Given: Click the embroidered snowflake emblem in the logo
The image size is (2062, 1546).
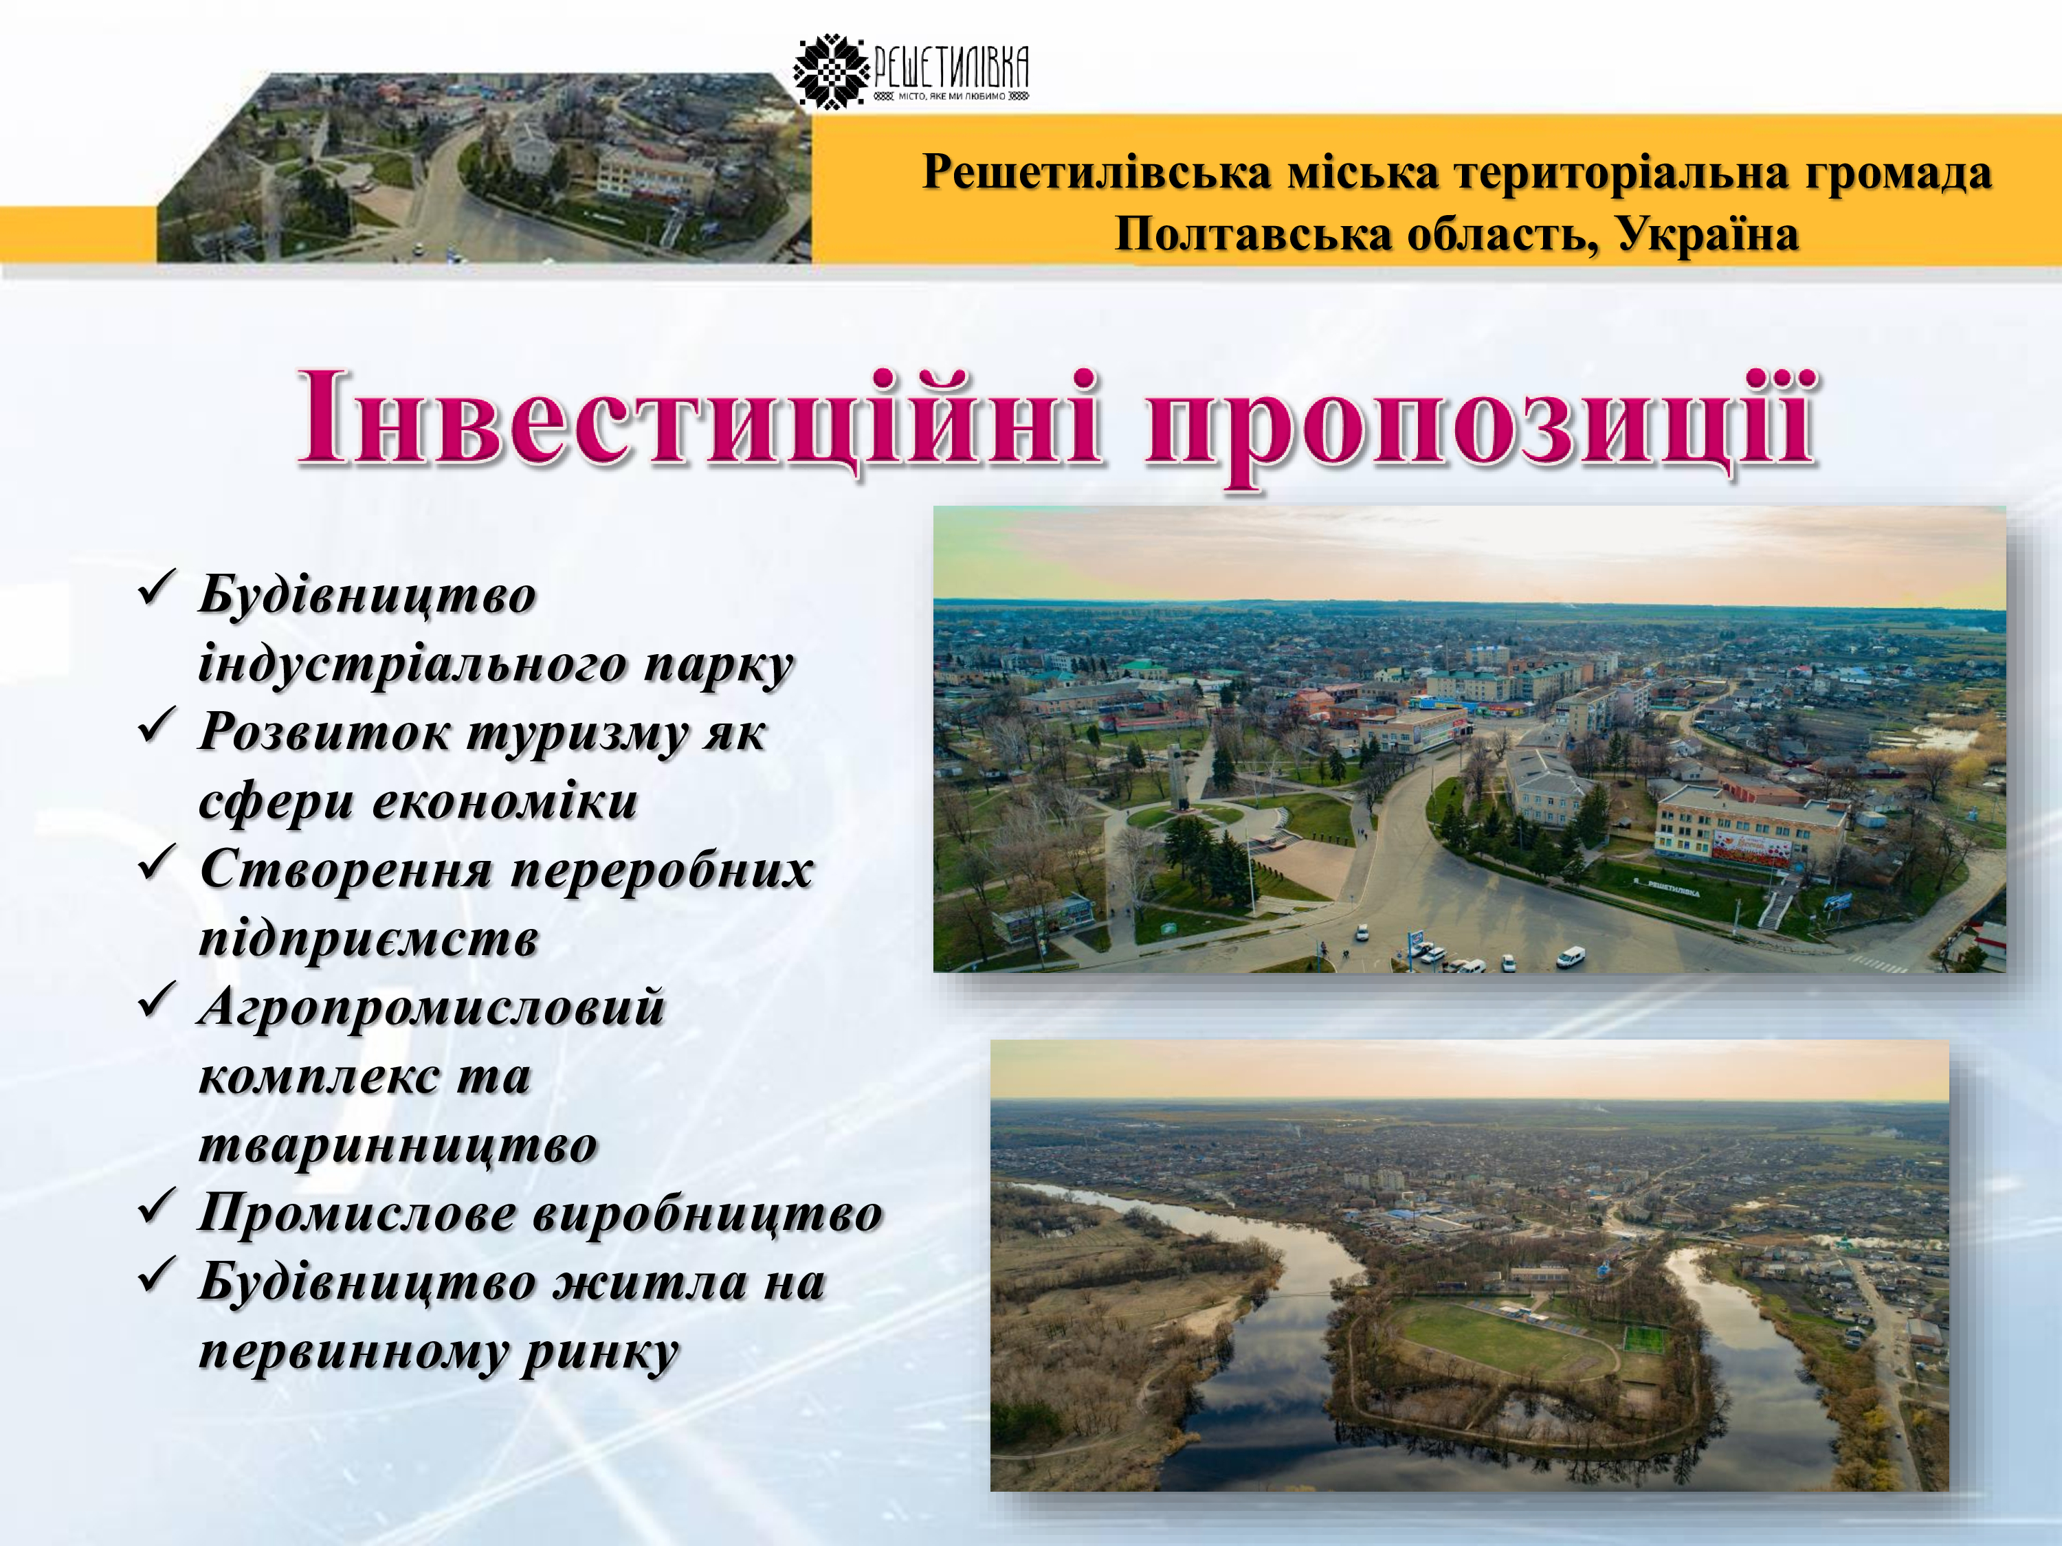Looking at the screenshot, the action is point(830,71).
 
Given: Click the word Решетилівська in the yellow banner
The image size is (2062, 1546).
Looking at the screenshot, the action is point(1096,172).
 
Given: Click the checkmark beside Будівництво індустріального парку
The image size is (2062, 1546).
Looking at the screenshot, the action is point(155,589).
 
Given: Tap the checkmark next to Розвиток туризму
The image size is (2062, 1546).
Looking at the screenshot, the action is point(155,727).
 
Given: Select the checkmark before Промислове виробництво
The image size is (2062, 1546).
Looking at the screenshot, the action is point(155,1208).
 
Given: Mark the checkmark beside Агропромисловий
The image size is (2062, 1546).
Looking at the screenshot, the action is point(155,1002).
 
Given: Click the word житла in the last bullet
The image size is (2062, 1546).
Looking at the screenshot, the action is point(651,1284).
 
